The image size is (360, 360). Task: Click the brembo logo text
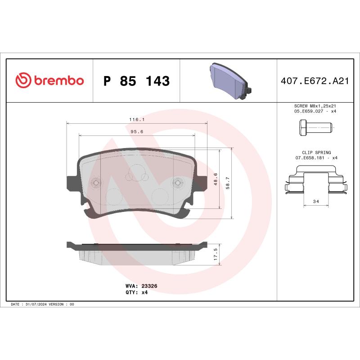point(58,81)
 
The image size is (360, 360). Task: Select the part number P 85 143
point(136,81)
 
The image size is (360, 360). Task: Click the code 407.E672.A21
point(315,81)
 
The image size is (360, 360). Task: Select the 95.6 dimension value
point(136,132)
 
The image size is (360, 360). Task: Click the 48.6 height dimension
point(216,179)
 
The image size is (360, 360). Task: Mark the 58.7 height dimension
point(228,183)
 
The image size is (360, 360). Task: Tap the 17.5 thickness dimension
point(216,255)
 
